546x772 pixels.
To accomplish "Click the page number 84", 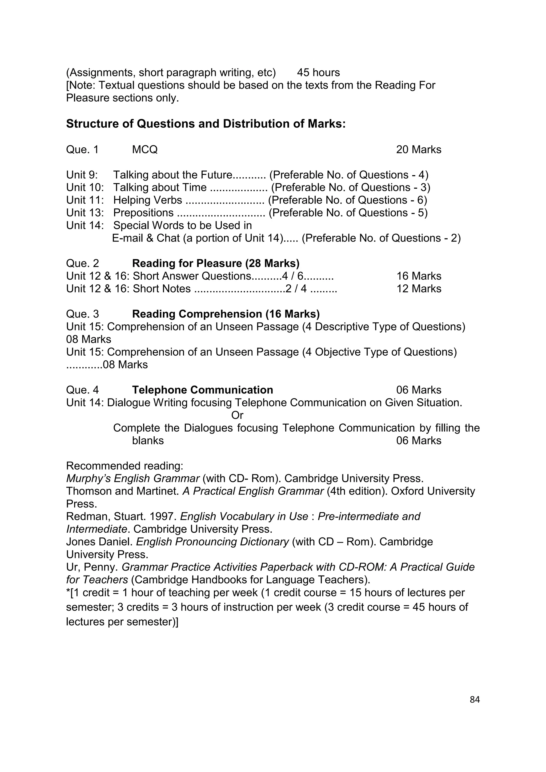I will coord(474,700).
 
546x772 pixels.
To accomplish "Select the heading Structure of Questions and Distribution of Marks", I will coord(206,124).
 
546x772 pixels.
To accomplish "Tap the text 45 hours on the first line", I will coord(318,73).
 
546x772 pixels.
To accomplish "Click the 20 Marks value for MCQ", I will coord(418,149).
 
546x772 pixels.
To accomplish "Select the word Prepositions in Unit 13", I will coord(143,213).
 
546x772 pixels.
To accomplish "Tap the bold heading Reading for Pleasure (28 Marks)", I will coord(215,263).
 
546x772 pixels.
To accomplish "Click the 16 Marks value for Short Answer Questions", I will coord(418,276).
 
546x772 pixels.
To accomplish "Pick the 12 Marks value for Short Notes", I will coord(418,288).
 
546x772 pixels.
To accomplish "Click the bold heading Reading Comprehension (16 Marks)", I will coord(226,314).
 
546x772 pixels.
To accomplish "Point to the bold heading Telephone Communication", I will coord(202,390).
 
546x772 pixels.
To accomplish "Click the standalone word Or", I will coord(237,415).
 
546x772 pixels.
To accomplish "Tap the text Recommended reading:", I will coord(125,466).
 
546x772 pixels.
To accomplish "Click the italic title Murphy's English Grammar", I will coord(133,479).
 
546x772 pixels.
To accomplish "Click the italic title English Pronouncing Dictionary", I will coord(212,542).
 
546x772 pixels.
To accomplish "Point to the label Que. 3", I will coord(82,314).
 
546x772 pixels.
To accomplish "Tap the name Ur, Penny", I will coord(91,567).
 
